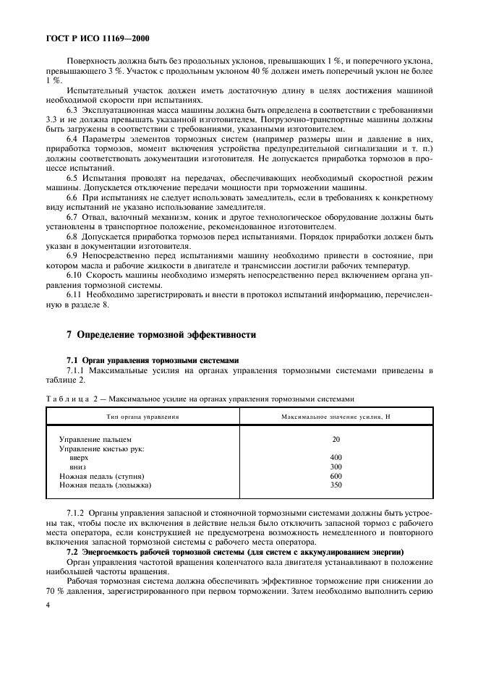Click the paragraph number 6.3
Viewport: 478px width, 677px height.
[72, 108]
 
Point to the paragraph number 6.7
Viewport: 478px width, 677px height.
[72, 216]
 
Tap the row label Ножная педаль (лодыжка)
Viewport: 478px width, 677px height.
[105, 486]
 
